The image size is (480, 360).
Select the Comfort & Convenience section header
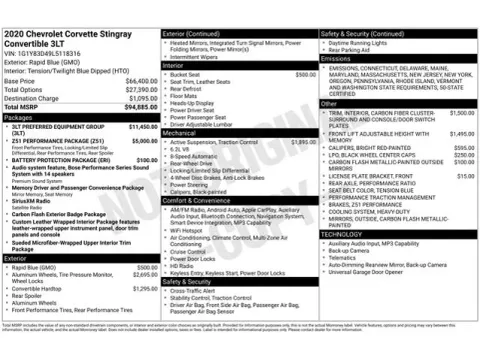click(x=201, y=199)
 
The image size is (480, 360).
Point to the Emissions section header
click(x=337, y=59)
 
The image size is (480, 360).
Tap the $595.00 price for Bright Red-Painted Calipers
click(x=462, y=148)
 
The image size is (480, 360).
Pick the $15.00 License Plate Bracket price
click(x=465, y=176)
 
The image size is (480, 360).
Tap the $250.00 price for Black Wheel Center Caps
click(x=462, y=155)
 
